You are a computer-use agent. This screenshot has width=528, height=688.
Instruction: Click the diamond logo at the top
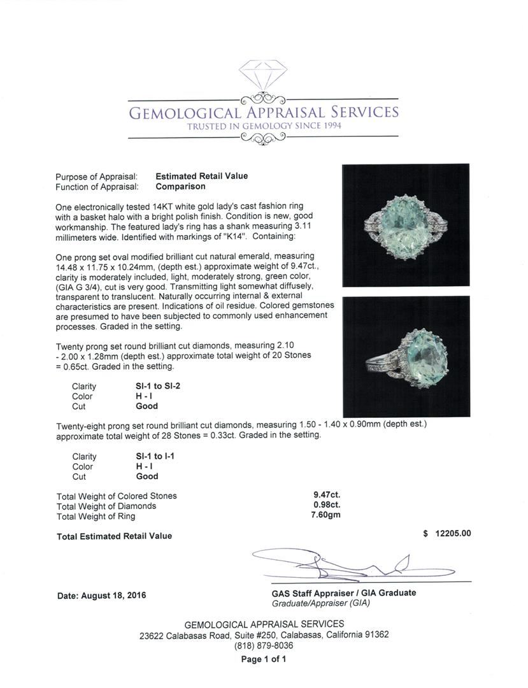coord(263,75)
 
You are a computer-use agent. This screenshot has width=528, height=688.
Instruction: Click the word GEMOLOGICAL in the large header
coord(185,113)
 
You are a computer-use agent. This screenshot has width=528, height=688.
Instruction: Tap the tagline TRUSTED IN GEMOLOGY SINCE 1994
coord(264,127)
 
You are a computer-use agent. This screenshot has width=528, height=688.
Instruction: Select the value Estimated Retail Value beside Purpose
coord(201,176)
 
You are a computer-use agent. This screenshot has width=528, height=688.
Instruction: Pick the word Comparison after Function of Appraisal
coord(180,187)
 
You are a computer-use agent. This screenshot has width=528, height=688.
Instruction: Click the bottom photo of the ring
coord(406,356)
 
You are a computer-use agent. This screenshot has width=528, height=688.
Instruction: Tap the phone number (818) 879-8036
coord(264,645)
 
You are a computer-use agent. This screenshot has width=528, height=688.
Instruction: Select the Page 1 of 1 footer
coord(264,659)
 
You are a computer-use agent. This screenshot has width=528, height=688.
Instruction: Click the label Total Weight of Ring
coord(96,517)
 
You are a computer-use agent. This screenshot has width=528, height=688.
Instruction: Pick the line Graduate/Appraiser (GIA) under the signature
coord(320,603)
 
